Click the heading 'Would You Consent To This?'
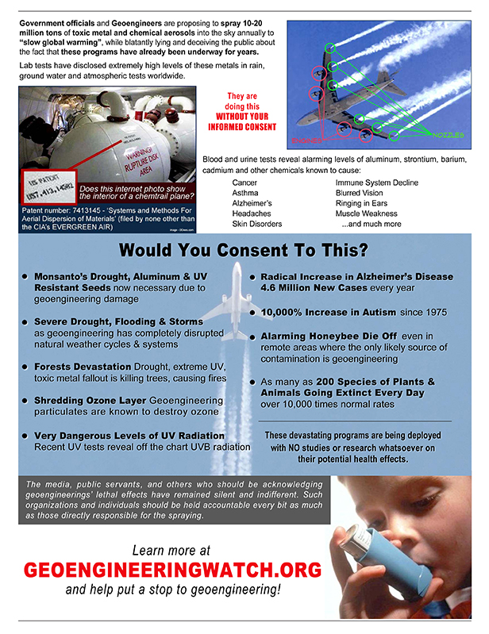coord(243,252)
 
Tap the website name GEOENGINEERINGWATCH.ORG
coord(172,571)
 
